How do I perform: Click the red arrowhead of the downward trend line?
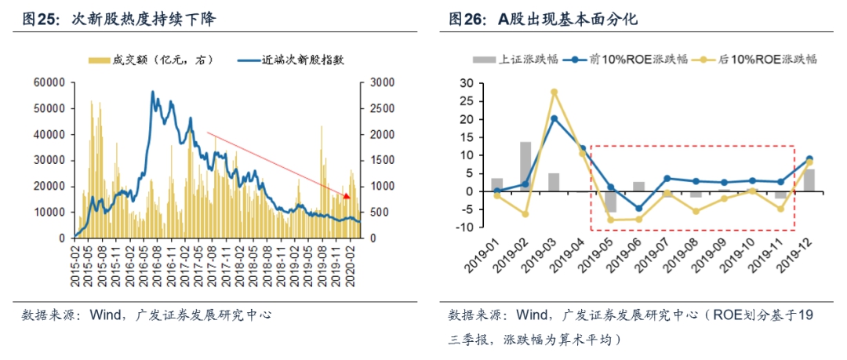point(347,194)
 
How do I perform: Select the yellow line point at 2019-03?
point(554,92)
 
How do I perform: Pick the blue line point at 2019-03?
point(554,118)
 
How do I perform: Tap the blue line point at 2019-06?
point(639,209)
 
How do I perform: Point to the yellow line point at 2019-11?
point(781,209)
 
